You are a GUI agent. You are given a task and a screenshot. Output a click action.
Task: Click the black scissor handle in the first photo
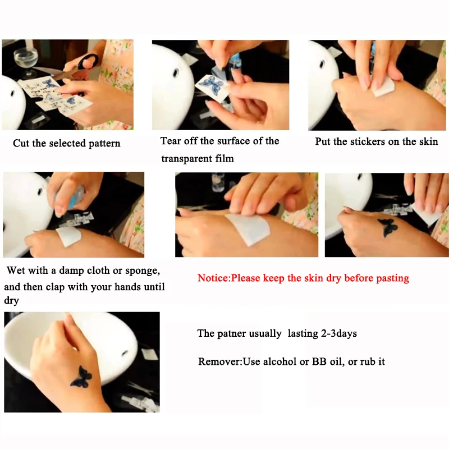click(88, 61)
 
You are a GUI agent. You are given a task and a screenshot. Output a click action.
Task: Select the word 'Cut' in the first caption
click(21, 143)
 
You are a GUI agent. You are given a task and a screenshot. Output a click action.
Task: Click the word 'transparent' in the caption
click(187, 159)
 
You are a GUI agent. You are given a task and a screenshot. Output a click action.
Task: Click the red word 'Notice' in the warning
click(213, 278)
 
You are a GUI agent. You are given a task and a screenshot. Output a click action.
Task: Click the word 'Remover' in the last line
click(220, 361)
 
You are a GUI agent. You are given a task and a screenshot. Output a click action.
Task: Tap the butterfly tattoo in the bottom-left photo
click(81, 377)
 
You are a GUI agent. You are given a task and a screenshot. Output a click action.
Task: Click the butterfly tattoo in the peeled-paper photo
click(387, 228)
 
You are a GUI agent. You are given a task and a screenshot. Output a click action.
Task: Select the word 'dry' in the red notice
click(334, 278)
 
